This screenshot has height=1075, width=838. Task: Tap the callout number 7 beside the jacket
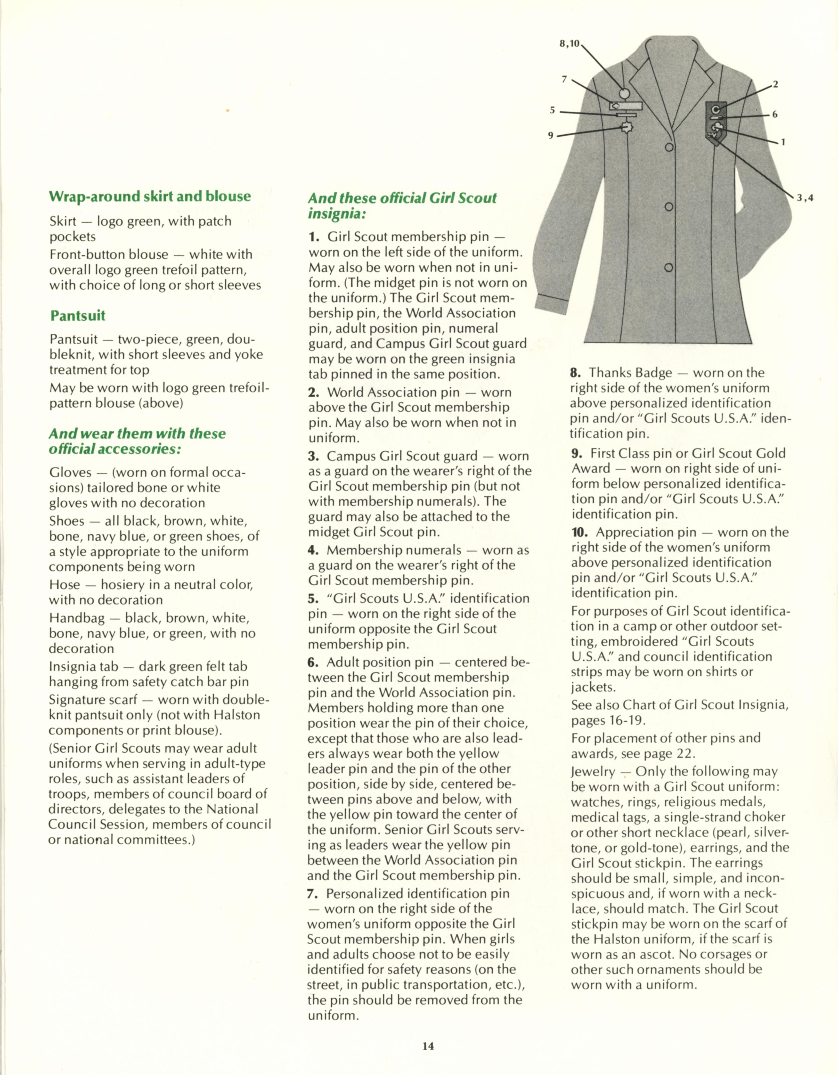[564, 79]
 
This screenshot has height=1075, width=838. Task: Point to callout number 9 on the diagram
[551, 135]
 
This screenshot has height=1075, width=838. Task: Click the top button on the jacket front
[669, 147]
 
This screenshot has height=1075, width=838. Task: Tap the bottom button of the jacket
[668, 268]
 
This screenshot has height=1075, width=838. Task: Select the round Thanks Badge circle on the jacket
[624, 93]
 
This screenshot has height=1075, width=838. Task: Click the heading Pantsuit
[78, 315]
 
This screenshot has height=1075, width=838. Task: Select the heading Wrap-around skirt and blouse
[150, 196]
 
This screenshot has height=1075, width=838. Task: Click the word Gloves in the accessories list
[70, 473]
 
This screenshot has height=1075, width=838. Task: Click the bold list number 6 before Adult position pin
[313, 662]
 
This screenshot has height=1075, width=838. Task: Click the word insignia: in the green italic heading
[337, 214]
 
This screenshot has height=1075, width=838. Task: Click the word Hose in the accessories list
[64, 585]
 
